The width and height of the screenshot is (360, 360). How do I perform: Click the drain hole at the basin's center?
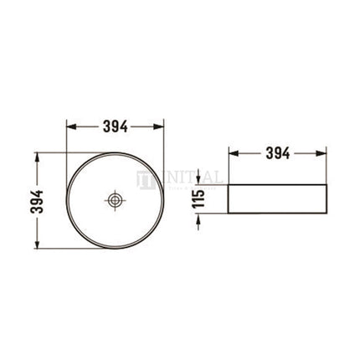pos(115,200)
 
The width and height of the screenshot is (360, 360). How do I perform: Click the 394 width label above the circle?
pos(115,126)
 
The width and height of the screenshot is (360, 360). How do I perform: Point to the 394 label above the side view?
pos(277,153)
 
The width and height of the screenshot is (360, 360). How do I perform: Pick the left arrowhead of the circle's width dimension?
pos(70,127)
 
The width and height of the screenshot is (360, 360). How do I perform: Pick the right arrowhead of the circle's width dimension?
pos(159,127)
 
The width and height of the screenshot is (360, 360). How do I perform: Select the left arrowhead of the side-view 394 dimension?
pos(233,154)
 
